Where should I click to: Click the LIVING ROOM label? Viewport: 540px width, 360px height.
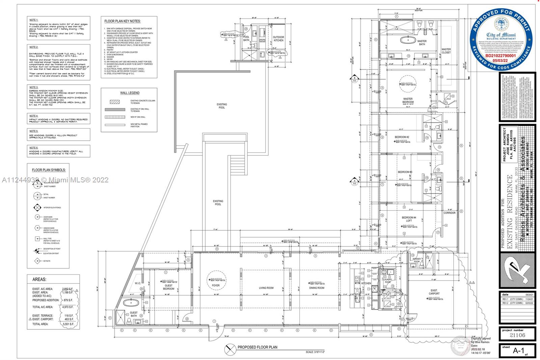tap(266, 288)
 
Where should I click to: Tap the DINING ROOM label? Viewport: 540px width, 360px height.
tap(316, 288)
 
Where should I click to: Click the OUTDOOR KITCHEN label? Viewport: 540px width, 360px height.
tap(278, 39)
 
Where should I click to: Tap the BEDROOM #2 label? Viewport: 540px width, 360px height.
tap(402, 137)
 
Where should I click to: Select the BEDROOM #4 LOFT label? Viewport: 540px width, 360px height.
tap(408, 219)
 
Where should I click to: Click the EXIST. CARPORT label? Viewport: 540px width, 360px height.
tap(434, 292)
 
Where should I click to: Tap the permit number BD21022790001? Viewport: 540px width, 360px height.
tap(501, 56)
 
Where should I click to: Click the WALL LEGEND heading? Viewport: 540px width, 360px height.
tap(130, 93)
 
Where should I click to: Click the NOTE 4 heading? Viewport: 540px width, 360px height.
tap(34, 116)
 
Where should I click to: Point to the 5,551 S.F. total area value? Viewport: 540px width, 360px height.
tap(68, 324)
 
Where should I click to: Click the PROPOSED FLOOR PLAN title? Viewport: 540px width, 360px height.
tap(257, 347)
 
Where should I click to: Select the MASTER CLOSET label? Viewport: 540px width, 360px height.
tap(446, 51)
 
